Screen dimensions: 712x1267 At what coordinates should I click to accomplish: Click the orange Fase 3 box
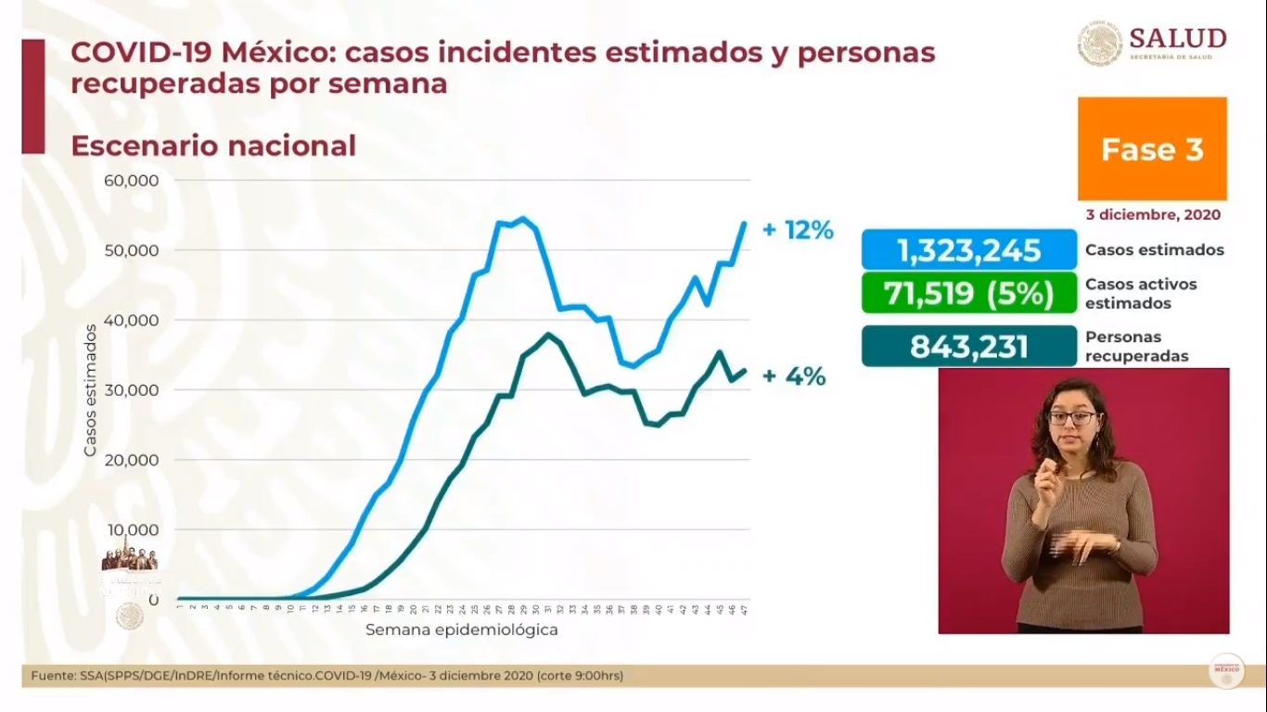[x=1152, y=149]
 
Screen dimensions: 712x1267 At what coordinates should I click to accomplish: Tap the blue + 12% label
[x=798, y=230]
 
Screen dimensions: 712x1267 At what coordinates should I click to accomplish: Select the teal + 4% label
[x=793, y=376]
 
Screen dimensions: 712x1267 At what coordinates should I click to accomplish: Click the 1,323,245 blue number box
[x=968, y=250]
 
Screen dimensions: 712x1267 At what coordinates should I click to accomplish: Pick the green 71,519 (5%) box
[x=968, y=294]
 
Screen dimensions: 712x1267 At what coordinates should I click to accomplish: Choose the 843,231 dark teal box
[x=968, y=347]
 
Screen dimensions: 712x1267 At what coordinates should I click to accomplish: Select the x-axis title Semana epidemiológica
[x=461, y=630]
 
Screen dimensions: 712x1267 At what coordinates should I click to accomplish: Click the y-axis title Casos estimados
[x=90, y=389]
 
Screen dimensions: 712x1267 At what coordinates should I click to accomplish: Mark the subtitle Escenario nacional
[x=213, y=146]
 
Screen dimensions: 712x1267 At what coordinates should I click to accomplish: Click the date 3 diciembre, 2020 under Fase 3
[x=1153, y=214]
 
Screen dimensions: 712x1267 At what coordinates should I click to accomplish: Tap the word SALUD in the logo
[x=1177, y=38]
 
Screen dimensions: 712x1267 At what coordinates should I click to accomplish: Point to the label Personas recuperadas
[x=1135, y=346]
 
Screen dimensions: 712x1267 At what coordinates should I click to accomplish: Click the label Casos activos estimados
[x=1140, y=293]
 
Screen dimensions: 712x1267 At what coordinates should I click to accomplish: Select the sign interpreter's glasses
[x=1072, y=418]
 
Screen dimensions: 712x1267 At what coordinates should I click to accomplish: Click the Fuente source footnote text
[x=326, y=676]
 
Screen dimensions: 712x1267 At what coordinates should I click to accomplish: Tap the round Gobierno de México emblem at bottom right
[x=1226, y=670]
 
